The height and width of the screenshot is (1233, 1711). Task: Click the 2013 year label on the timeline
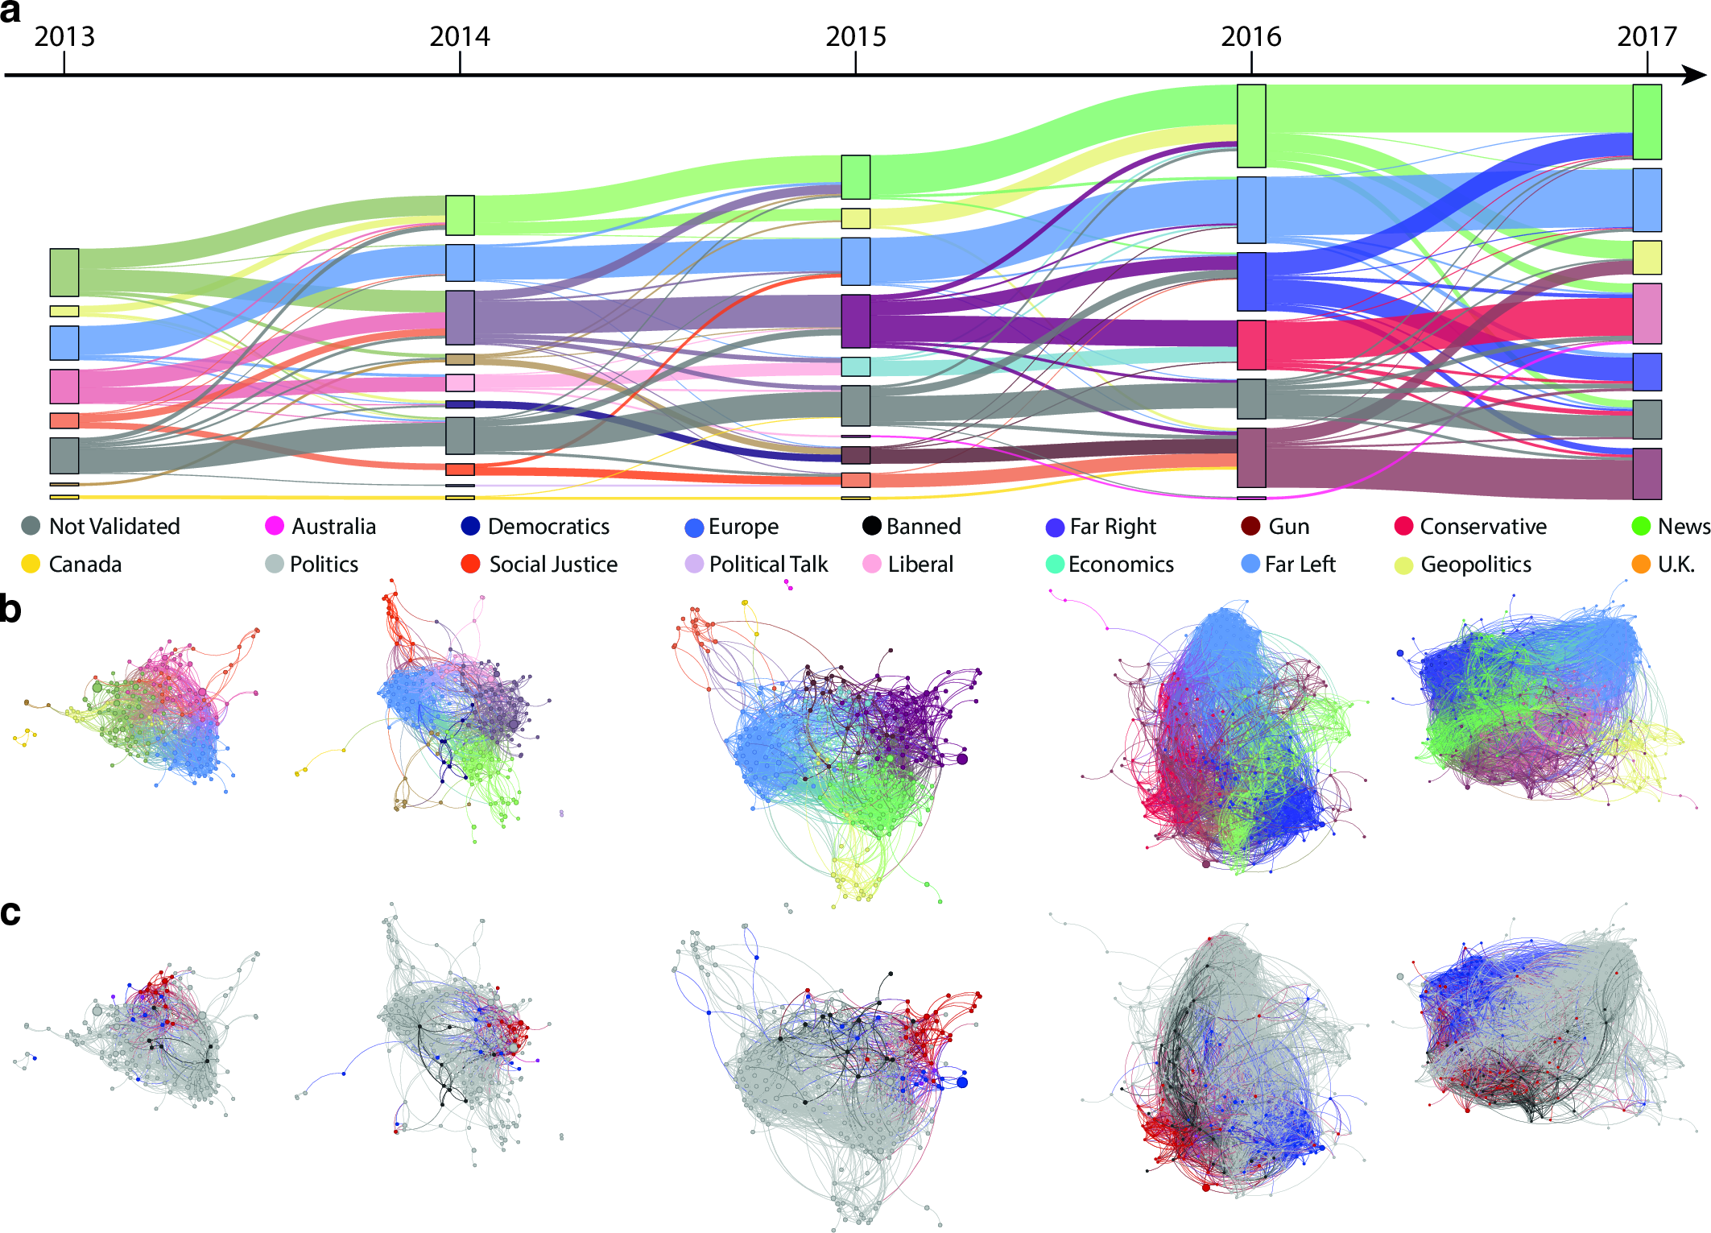[x=64, y=36]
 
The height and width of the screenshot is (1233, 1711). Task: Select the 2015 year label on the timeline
[x=855, y=36]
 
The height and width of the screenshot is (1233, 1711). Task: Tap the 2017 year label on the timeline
[x=1647, y=36]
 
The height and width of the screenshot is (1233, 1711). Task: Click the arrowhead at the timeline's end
[x=1695, y=76]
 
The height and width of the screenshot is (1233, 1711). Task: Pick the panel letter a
[x=10, y=12]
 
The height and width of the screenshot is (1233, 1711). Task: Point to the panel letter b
[x=10, y=609]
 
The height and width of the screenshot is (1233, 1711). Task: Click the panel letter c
[x=10, y=912]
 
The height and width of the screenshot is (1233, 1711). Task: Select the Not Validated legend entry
[x=101, y=526]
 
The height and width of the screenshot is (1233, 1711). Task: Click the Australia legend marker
[x=275, y=526]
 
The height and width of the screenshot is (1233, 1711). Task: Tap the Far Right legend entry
[x=1101, y=527]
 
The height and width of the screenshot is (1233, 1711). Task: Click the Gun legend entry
[x=1275, y=526]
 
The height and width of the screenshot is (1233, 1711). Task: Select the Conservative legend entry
[x=1470, y=526]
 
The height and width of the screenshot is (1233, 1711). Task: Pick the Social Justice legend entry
[x=539, y=564]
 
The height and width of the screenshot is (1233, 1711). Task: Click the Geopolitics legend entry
[x=1463, y=564]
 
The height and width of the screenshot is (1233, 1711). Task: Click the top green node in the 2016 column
[x=1250, y=126]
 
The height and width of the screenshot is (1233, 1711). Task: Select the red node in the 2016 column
[x=1250, y=345]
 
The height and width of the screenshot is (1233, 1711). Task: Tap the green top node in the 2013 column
[x=64, y=272]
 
